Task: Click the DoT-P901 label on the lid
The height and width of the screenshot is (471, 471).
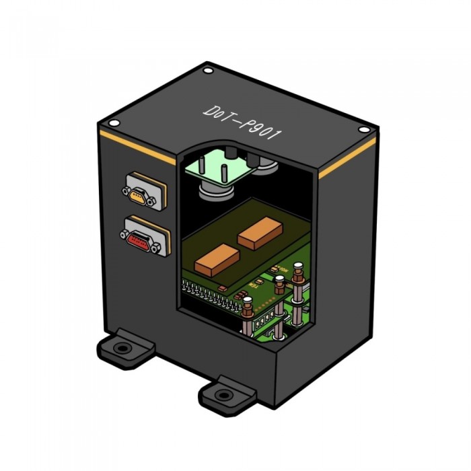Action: coord(243,122)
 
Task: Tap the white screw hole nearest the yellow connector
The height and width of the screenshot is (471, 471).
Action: coord(114,123)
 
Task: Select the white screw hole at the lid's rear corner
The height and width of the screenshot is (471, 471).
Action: coord(208,71)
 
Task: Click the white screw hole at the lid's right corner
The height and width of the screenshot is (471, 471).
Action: coord(364,130)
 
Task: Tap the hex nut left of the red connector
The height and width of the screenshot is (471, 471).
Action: coord(124,234)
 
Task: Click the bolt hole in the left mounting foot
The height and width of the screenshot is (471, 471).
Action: coord(122,349)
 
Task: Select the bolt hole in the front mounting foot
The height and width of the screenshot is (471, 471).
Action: coord(223,394)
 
